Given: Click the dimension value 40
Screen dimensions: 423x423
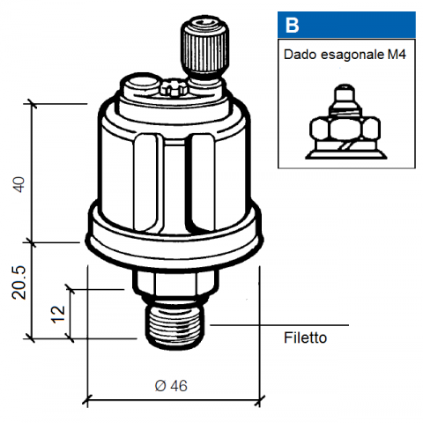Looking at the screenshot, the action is point(19,185).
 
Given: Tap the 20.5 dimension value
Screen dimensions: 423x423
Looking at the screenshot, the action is point(19,283).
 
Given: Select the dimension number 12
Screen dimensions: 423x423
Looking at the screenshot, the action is point(58,315).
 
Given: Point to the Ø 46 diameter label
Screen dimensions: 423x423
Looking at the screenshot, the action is point(171,386).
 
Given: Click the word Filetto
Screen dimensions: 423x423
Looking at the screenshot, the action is point(305,338).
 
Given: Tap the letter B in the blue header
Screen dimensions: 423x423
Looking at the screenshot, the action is point(292,26).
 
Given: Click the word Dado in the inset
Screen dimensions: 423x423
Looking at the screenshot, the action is point(300,55).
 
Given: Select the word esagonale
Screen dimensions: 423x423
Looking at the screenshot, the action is point(352,55).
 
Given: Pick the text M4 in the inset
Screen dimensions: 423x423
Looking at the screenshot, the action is point(397,55).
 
